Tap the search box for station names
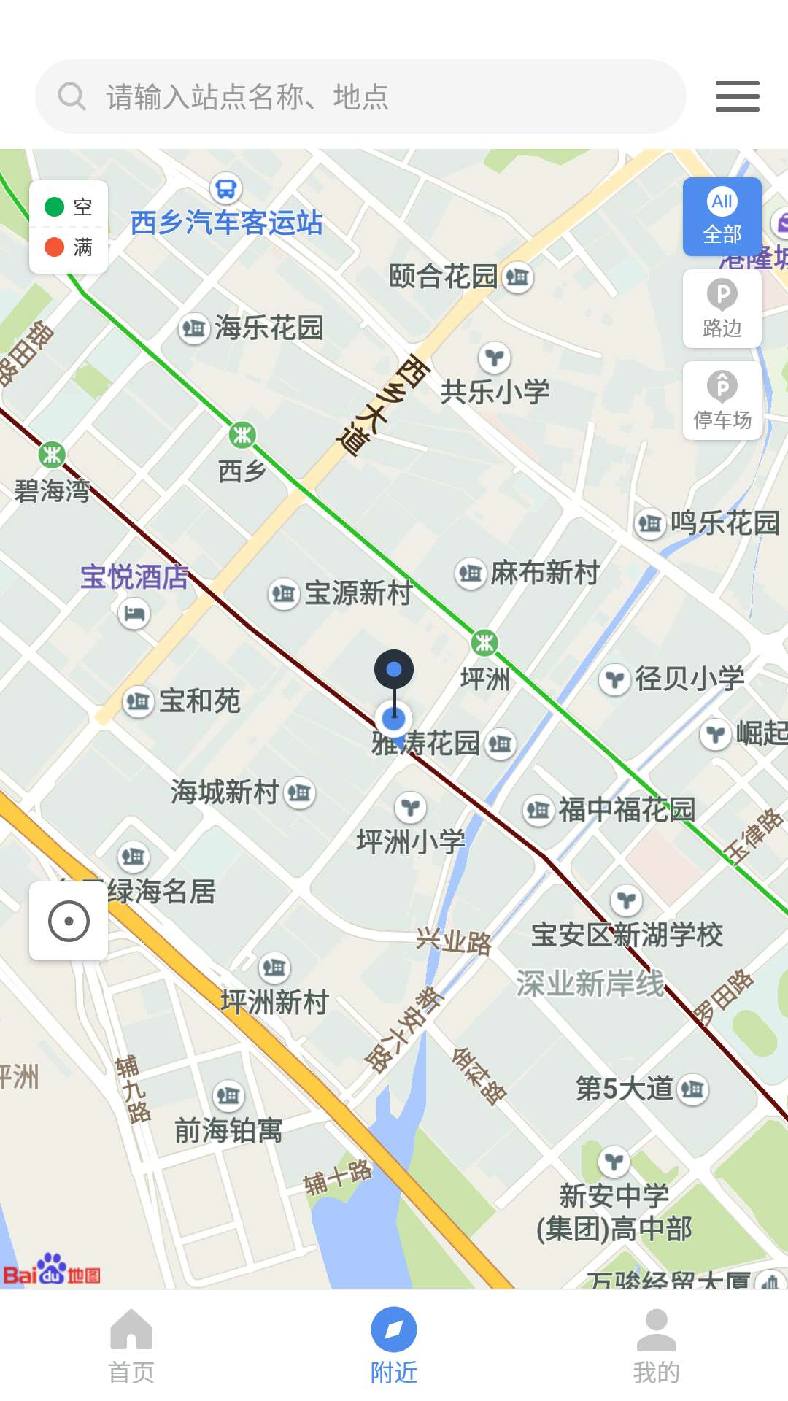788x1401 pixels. click(360, 96)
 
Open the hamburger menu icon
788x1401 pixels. click(737, 96)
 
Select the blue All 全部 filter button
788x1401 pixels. click(722, 217)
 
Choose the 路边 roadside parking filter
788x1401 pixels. click(722, 309)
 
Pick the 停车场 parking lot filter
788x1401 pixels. click(722, 401)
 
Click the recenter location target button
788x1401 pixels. click(69, 921)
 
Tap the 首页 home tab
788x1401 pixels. click(131, 1346)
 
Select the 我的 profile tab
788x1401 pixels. click(656, 1346)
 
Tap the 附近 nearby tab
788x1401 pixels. click(394, 1346)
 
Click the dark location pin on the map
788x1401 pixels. click(394, 670)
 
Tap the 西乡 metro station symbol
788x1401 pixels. click(242, 436)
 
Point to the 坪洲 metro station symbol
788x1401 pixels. click(484, 643)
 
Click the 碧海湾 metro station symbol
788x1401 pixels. click(52, 455)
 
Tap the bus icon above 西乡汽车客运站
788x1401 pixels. click(226, 189)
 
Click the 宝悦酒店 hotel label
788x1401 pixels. click(134, 577)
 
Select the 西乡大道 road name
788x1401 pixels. click(381, 405)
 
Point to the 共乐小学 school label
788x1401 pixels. click(495, 392)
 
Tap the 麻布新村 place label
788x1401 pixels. click(544, 573)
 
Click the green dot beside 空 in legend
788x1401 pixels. click(55, 207)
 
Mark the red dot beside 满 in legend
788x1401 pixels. click(55, 247)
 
